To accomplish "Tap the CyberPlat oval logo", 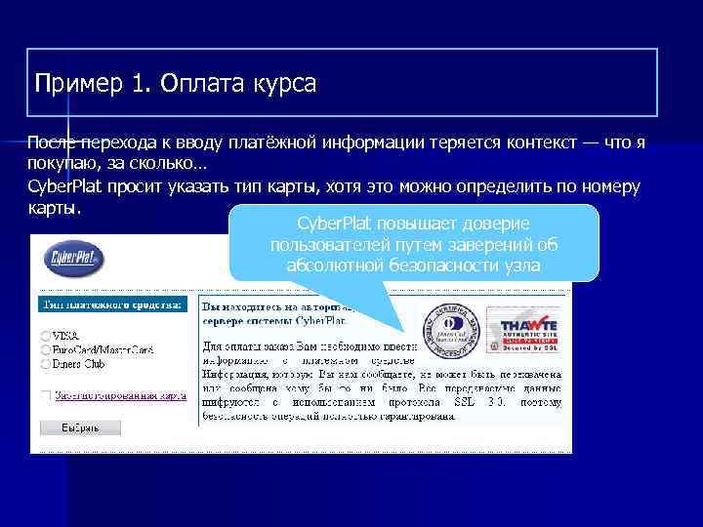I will point(74,260).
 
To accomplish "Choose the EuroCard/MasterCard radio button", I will point(46,349).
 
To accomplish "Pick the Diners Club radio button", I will point(46,363).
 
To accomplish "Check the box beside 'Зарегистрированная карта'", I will point(46,395).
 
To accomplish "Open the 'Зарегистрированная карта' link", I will point(119,395).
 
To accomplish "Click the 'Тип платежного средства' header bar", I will point(110,305).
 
